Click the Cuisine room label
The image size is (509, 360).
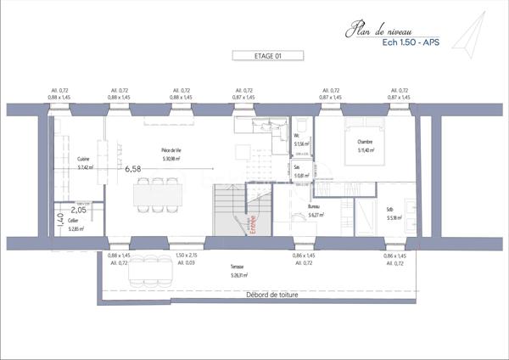(83, 159)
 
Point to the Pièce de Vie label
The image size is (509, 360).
(173, 149)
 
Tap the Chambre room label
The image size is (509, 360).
(365, 142)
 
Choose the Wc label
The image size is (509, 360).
(297, 136)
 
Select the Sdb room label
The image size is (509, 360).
(389, 209)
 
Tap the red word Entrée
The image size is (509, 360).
(253, 224)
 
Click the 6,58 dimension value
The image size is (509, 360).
(132, 169)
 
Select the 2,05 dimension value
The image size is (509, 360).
(79, 210)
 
